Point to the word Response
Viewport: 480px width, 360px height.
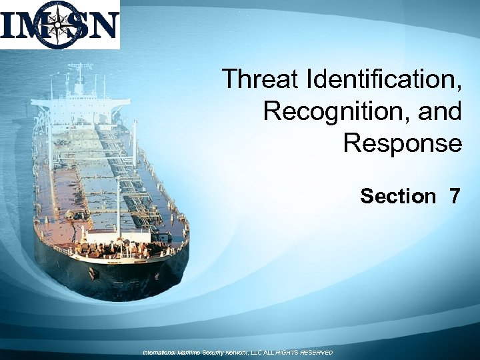[402, 143]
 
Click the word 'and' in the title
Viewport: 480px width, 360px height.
[439, 111]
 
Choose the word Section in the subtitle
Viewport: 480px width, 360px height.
[397, 196]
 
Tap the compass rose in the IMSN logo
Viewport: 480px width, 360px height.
[59, 25]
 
